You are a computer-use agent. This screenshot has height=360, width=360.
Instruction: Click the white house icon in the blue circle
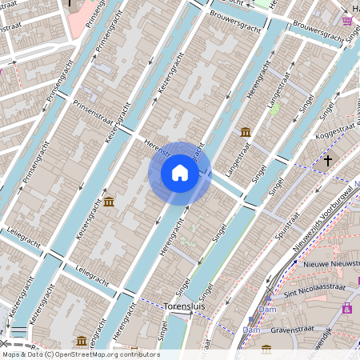(x=180, y=172)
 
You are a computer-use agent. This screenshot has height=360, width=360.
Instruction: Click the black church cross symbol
(x=327, y=161)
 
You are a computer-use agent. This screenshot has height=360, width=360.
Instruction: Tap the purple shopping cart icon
(x=348, y=21)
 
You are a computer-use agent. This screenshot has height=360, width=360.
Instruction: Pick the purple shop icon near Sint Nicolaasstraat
(x=347, y=308)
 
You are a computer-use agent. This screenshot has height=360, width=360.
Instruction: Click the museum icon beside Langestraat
(x=245, y=132)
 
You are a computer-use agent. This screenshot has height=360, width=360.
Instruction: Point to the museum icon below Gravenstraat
(x=266, y=349)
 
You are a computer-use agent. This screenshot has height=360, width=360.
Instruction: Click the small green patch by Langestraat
(x=275, y=110)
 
